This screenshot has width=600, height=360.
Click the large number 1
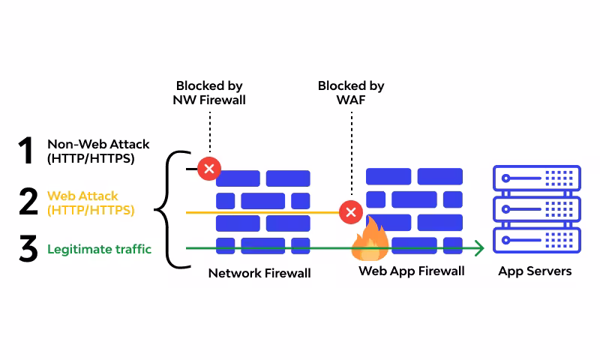[27, 150]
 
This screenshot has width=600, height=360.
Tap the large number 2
[28, 201]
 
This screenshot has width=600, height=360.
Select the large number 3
[28, 249]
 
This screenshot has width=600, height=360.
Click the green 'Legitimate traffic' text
[99, 249]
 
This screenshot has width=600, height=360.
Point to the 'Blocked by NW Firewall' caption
[210, 92]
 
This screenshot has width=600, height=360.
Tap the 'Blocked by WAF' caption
[351, 92]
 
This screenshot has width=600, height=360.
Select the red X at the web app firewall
[350, 212]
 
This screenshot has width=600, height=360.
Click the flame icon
[370, 239]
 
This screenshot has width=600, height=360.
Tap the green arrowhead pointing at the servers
[478, 247]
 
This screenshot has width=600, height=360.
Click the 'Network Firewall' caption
[259, 273]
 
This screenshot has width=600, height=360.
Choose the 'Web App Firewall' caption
[412, 271]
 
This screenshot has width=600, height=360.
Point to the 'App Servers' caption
[535, 271]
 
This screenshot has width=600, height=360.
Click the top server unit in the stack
[536, 178]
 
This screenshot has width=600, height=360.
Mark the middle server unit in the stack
[536, 210]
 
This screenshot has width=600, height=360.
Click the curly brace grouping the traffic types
[166, 209]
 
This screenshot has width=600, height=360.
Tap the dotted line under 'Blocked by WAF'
[351, 154]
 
